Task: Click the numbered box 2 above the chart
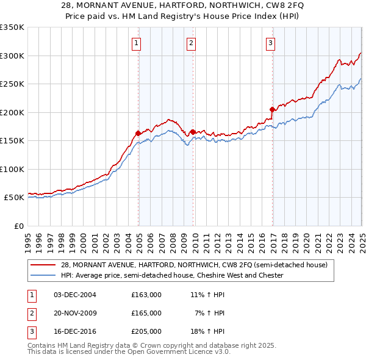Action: (x=191, y=43)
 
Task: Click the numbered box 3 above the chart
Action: (x=270, y=43)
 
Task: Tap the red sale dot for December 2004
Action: (x=138, y=132)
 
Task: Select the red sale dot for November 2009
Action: (x=193, y=132)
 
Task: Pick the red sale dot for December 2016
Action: (x=272, y=109)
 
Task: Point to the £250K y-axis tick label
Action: (x=12, y=84)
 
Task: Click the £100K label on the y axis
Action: (x=12, y=169)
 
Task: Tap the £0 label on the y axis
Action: (x=18, y=226)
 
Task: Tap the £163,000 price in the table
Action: (x=146, y=295)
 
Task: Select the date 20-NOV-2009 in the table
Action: (x=75, y=313)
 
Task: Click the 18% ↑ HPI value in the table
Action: (x=208, y=331)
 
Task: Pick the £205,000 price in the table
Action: (x=146, y=331)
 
